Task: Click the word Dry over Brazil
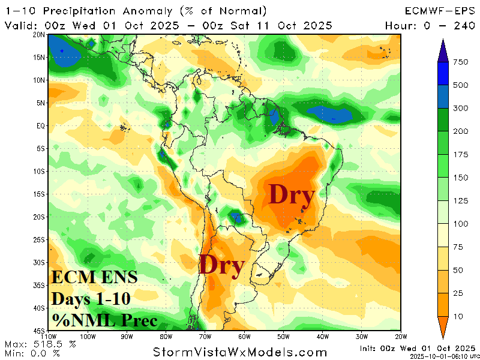[292, 195]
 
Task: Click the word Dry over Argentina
[221, 265]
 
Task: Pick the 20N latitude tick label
[41, 35]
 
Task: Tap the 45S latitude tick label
[41, 331]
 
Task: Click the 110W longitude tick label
[50, 337]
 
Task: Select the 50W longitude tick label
[284, 337]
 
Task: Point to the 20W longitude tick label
[401, 337]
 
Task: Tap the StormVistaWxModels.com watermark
[239, 352]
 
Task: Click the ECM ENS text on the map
[94, 277]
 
